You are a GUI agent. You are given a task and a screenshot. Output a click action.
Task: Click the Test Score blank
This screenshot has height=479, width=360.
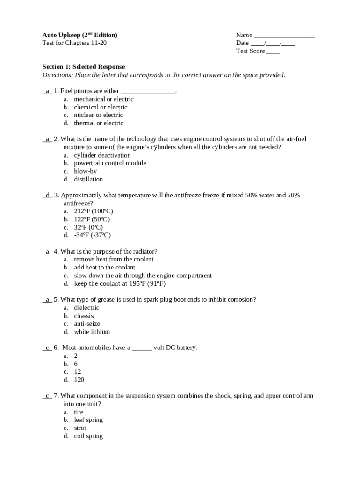(x=273, y=51)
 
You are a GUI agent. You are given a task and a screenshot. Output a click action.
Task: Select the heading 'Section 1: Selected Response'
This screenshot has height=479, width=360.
(x=84, y=67)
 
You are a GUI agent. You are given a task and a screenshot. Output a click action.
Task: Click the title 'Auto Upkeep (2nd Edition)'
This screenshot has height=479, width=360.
(x=80, y=35)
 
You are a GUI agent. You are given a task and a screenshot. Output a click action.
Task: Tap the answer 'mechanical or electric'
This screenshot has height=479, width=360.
(x=103, y=99)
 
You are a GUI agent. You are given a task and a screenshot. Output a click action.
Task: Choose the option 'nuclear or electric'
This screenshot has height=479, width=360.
(x=98, y=115)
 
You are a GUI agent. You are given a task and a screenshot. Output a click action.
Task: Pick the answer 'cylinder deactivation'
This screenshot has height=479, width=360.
(x=102, y=155)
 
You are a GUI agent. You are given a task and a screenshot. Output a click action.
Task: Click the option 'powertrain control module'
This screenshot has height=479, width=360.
(x=110, y=163)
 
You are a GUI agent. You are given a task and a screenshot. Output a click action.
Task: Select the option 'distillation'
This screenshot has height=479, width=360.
(x=88, y=179)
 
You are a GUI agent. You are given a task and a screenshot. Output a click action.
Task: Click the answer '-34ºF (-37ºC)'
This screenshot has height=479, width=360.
(x=92, y=235)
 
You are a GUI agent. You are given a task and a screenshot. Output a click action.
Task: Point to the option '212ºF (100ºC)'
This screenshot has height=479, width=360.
(x=93, y=211)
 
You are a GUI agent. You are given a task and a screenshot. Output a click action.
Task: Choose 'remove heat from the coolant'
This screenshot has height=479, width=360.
(x=114, y=259)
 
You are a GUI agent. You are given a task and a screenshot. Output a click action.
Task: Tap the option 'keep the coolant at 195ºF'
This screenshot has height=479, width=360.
(x=120, y=283)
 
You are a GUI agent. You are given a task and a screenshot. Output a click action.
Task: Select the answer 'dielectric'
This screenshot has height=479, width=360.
(x=86, y=308)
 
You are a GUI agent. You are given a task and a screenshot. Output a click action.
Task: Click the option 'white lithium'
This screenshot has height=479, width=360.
(x=92, y=332)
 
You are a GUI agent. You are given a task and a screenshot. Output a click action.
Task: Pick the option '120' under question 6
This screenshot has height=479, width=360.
(x=79, y=380)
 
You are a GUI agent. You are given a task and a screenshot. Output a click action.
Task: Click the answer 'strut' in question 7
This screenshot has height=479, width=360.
(x=80, y=428)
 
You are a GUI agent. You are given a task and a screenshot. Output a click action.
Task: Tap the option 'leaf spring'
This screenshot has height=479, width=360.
(x=88, y=420)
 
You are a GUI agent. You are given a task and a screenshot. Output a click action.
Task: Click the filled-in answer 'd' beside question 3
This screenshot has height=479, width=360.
(x=47, y=195)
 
